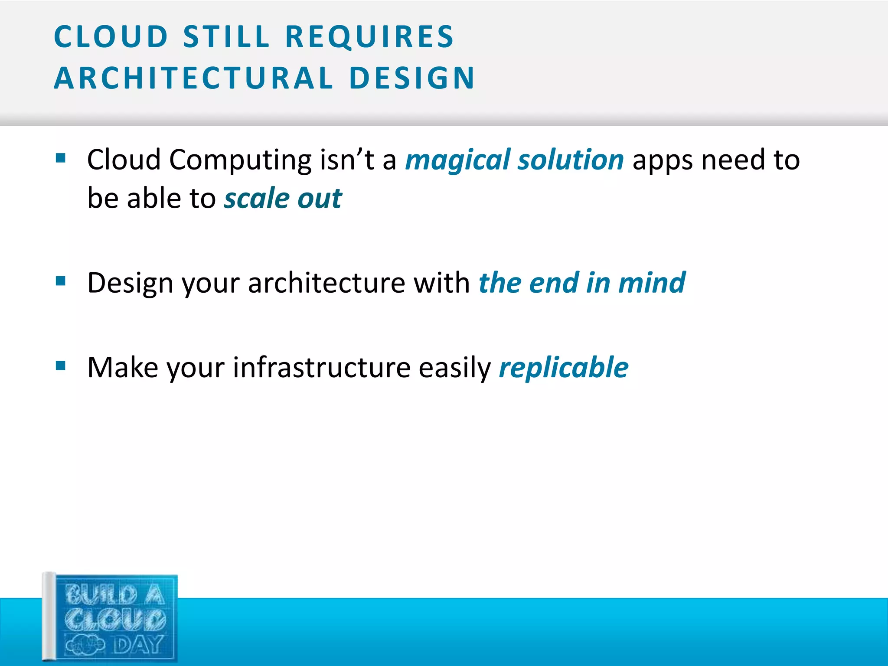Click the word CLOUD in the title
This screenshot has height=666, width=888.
click(111, 36)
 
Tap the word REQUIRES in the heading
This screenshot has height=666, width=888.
click(369, 36)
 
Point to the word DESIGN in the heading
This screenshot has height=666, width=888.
click(412, 78)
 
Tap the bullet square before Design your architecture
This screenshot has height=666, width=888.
click(61, 282)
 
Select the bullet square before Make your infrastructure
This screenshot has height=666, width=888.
click(61, 366)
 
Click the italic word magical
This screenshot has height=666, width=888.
click(457, 160)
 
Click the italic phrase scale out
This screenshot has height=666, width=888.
click(283, 199)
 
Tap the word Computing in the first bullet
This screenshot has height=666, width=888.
click(240, 160)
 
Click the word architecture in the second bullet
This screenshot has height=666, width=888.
click(326, 283)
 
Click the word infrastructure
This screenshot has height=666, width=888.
click(321, 368)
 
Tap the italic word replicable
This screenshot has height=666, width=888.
click(563, 368)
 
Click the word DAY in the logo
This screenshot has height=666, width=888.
click(138, 645)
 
